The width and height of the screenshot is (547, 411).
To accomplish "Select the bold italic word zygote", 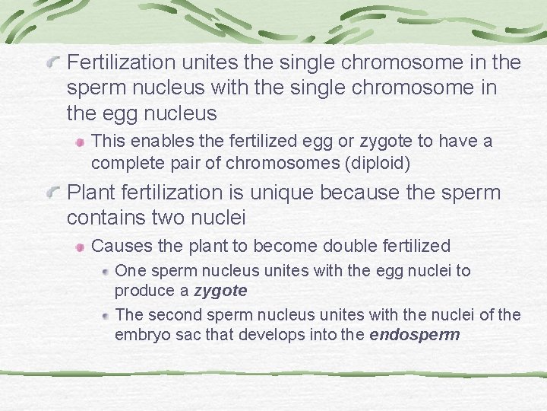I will (x=220, y=291).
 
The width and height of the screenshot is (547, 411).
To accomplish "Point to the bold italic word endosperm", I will (x=415, y=334).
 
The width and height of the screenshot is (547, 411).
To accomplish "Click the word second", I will (x=167, y=314).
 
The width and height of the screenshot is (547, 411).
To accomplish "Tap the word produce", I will (x=141, y=291).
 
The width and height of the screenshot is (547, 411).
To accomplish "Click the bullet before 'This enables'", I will (x=80, y=142).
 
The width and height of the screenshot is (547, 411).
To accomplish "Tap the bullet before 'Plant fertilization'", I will (x=52, y=193).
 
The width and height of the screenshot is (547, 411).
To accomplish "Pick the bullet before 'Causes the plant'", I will (x=80, y=247).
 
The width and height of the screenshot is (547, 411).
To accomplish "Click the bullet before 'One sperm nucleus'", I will (x=106, y=271).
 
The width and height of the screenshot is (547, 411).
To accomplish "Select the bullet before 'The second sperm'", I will (x=106, y=314).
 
